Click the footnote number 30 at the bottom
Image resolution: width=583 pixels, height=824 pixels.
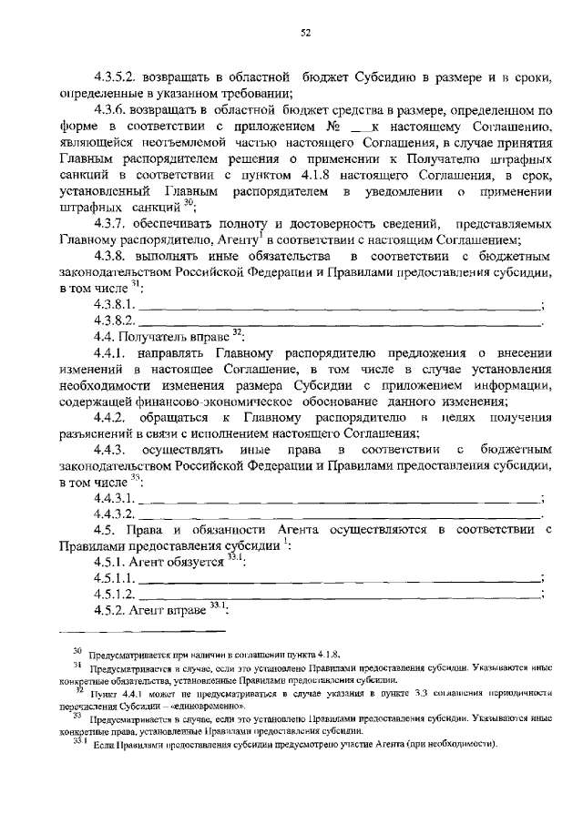pyautogui.click(x=77, y=651)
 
